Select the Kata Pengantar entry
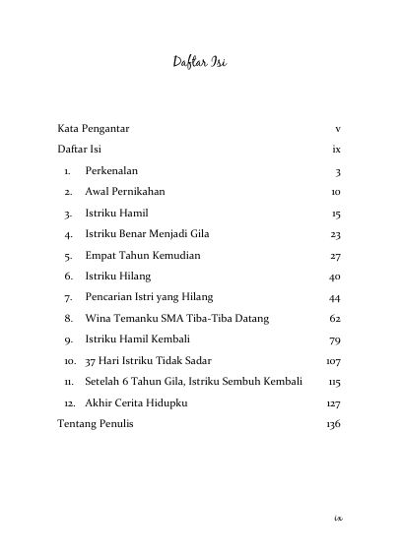(95, 129)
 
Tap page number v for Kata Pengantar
(337, 129)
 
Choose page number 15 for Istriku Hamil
(335, 213)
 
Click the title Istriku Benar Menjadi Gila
(154, 233)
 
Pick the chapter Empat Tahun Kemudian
(143, 254)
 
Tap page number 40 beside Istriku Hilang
(334, 276)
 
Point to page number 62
(334, 318)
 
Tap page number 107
(332, 360)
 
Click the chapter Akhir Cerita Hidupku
(136, 402)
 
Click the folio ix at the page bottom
(337, 515)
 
